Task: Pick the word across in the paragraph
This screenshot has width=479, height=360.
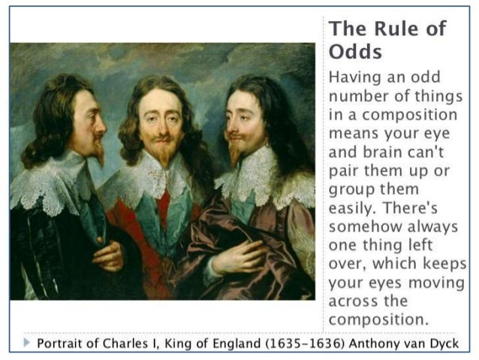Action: tap(355, 301)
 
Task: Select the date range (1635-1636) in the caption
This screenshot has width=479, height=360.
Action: tap(295, 344)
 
